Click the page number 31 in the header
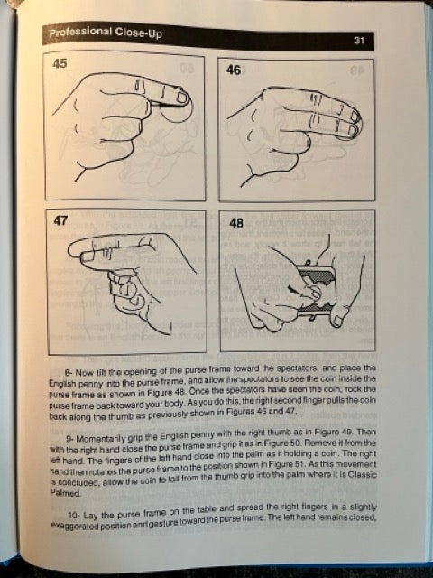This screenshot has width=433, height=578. tap(359, 40)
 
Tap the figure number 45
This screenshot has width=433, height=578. tap(60, 63)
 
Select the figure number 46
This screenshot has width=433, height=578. tap(234, 70)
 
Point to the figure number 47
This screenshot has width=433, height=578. tap(60, 220)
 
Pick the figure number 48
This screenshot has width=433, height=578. tap(236, 223)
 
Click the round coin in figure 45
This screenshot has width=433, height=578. tap(179, 108)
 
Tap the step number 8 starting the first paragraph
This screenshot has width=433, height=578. tap(68, 372)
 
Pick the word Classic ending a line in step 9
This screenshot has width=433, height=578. tap(364, 475)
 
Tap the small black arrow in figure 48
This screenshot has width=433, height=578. tap(291, 290)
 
